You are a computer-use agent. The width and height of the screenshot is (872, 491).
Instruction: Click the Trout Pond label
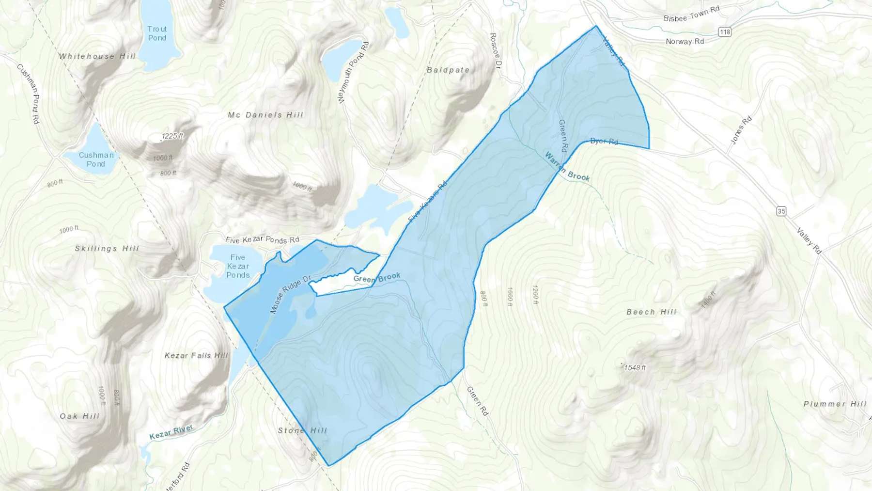tap(157, 33)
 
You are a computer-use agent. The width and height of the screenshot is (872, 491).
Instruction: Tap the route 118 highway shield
tap(725, 32)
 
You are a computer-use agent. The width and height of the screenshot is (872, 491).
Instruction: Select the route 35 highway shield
tap(781, 211)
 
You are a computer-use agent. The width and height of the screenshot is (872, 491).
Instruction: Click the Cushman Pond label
tap(96, 159)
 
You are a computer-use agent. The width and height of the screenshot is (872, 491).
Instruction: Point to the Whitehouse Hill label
tap(97, 56)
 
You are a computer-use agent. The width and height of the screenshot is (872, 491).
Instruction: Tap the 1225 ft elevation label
tap(172, 136)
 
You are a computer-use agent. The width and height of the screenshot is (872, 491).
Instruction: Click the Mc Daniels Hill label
tap(265, 115)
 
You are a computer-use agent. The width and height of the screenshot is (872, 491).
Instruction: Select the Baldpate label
tap(448, 70)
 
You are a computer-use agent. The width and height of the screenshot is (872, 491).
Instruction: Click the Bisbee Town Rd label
tap(691, 15)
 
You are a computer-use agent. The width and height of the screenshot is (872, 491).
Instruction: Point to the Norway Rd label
tap(685, 42)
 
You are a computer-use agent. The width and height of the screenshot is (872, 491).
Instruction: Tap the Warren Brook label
tap(567, 166)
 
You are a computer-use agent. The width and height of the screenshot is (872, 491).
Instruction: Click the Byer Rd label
tap(604, 142)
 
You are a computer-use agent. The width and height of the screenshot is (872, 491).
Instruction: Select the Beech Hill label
tap(651, 312)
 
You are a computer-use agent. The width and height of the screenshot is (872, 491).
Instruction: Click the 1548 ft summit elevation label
tap(635, 367)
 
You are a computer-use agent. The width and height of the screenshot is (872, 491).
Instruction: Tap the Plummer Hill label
tap(835, 404)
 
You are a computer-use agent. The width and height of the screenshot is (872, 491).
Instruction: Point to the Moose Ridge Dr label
tap(290, 295)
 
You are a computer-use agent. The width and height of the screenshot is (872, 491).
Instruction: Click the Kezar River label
tap(171, 432)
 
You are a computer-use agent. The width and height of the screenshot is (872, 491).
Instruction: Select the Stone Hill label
tap(302, 430)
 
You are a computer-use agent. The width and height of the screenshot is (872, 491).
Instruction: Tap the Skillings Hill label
tap(107, 249)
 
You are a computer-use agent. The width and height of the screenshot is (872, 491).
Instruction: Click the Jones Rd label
tap(741, 130)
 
